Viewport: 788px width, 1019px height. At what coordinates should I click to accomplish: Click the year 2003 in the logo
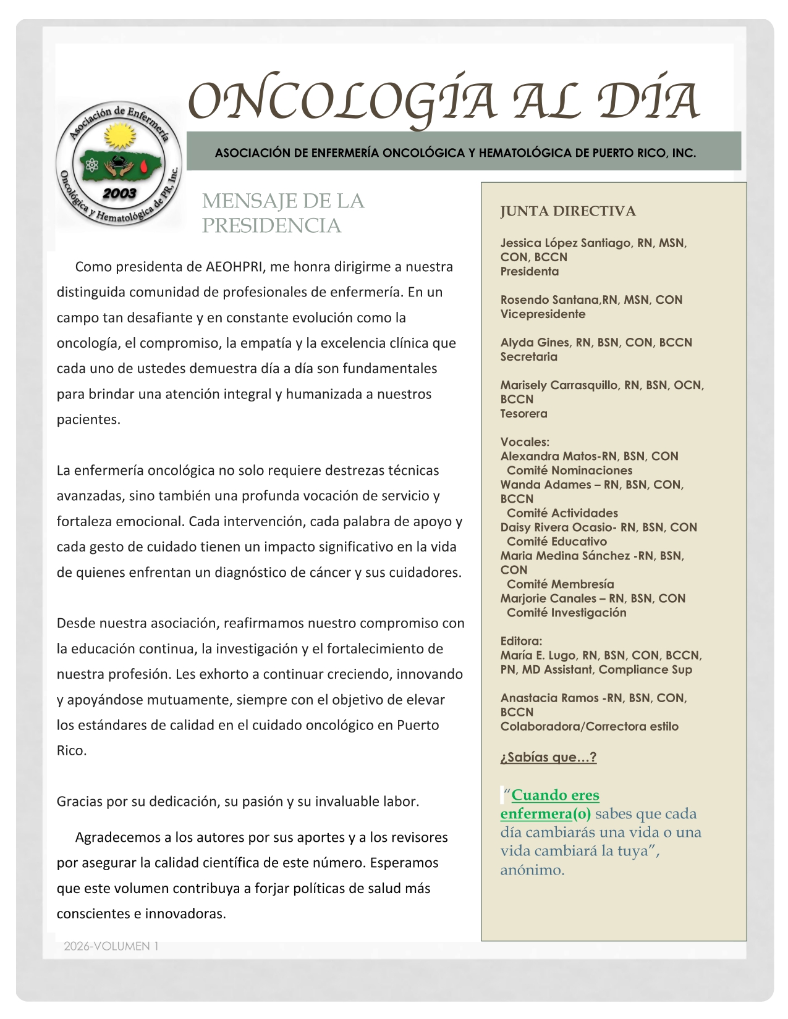[x=119, y=193]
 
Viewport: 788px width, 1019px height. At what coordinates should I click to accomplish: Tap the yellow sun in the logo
[x=120, y=136]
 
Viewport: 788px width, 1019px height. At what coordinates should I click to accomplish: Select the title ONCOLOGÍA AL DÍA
[x=443, y=101]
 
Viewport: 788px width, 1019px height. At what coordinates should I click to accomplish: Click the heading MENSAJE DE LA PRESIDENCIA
[x=283, y=213]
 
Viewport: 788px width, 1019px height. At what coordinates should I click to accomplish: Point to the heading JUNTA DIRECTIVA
[x=568, y=211]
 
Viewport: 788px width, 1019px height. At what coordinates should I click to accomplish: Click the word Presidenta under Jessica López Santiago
[x=530, y=272]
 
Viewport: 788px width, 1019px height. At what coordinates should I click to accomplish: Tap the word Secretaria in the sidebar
[x=529, y=357]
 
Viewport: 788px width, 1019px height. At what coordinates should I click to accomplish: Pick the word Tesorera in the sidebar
[x=524, y=414]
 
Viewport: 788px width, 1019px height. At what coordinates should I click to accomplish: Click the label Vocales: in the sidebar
[x=525, y=442]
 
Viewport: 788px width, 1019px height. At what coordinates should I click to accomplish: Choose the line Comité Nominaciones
[x=570, y=471]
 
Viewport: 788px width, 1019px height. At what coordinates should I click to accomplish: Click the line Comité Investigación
[x=567, y=613]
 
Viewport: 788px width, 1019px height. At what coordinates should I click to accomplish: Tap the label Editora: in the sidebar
[x=521, y=641]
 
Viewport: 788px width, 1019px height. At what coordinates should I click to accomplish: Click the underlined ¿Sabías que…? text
[x=548, y=757]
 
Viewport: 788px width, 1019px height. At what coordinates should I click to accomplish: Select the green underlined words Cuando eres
[x=555, y=795]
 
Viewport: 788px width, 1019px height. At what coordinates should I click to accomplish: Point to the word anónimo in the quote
[x=532, y=870]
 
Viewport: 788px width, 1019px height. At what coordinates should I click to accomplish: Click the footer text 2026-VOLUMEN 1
[x=111, y=946]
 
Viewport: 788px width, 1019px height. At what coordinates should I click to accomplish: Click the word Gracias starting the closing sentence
[x=79, y=802]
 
